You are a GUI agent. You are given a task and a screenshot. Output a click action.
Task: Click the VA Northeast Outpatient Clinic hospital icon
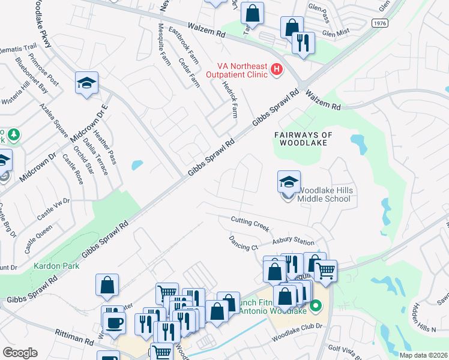[277, 70]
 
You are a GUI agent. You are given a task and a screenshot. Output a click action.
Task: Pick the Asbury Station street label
[294, 242]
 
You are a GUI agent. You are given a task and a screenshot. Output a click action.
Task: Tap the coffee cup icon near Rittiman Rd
[113, 323]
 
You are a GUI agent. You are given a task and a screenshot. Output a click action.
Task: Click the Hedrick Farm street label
[230, 99]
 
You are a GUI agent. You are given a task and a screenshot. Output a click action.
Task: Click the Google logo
[20, 352]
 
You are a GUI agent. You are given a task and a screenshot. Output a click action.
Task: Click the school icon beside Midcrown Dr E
[86, 83]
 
